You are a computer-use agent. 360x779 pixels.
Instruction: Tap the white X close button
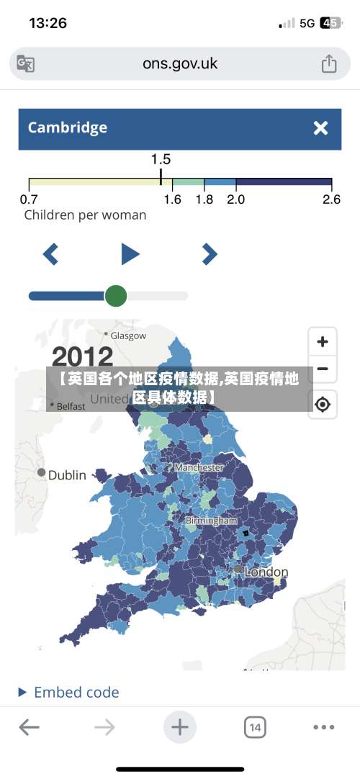coord(320,128)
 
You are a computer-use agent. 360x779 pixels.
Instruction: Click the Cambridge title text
coord(67,128)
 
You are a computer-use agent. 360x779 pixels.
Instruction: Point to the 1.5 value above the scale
coord(161,159)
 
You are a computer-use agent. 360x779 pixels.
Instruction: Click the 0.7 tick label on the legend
coord(29,199)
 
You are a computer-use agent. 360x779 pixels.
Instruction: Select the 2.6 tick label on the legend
coord(331,199)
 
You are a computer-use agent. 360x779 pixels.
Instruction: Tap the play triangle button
coord(130,253)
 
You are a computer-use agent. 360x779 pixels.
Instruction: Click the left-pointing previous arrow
coord(50,253)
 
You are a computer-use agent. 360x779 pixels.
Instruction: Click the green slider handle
coord(116,295)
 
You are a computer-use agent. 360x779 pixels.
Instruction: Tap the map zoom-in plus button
coord(323,341)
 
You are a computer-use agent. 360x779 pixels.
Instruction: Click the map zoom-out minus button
coord(323,369)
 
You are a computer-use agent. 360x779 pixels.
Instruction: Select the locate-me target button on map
coord(323,405)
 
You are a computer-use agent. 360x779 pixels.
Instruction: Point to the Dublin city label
coord(66,475)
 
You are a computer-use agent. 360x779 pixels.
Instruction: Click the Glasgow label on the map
coord(127,336)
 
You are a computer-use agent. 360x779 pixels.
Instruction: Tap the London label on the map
coord(266,572)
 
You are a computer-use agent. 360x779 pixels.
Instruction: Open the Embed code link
coord(76,693)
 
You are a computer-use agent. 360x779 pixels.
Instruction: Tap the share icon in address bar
coord(328,63)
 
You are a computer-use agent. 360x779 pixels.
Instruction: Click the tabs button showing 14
coord(254,728)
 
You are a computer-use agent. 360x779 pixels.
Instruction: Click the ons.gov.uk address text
coord(179,63)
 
